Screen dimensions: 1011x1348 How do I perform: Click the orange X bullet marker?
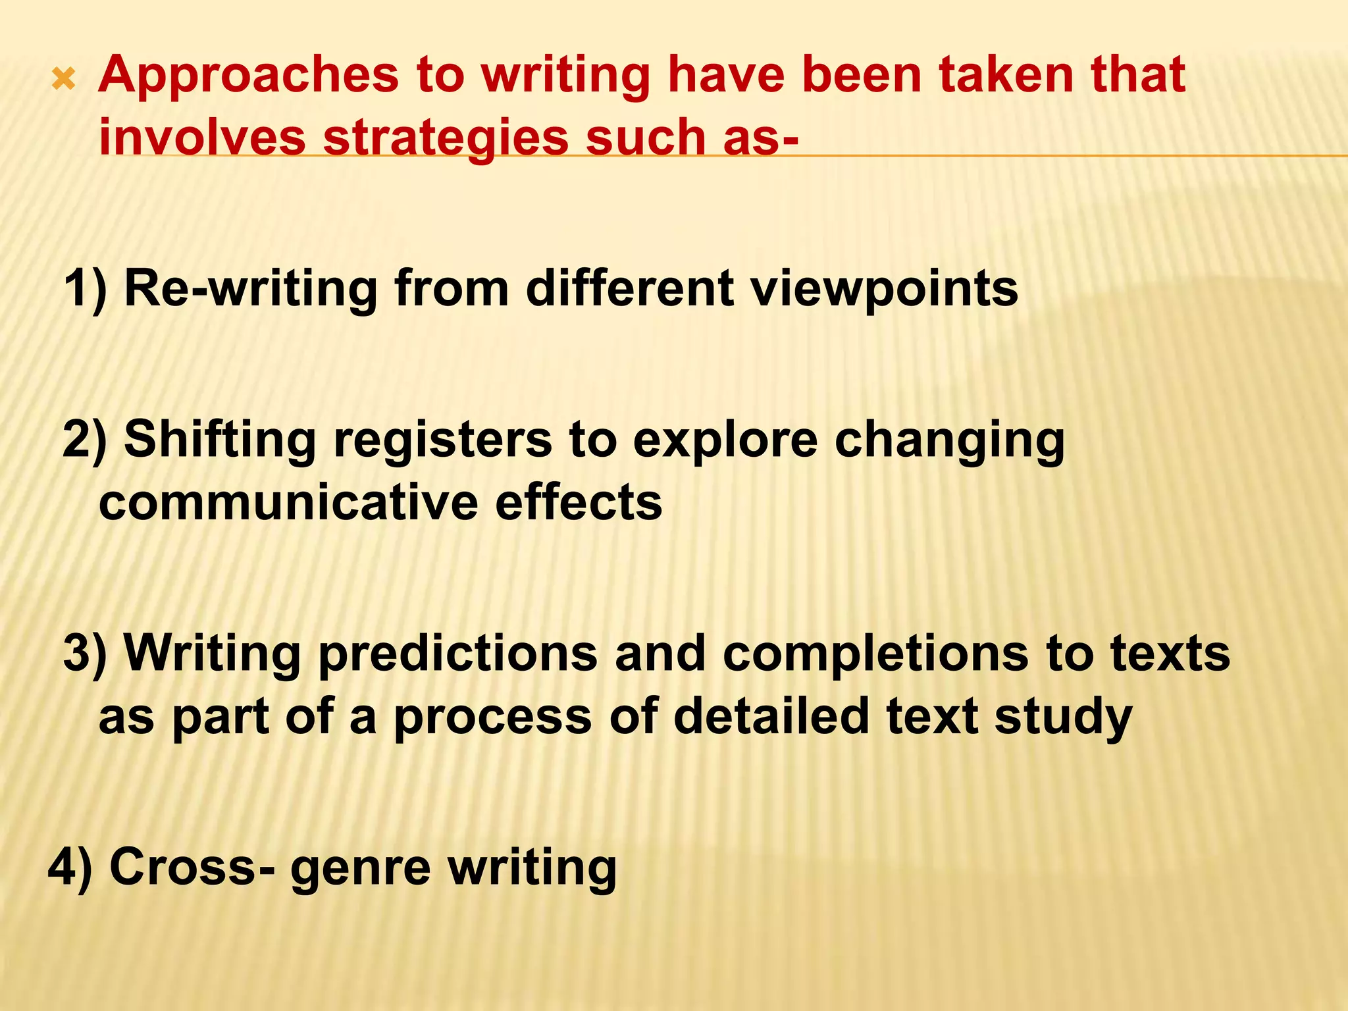tap(64, 81)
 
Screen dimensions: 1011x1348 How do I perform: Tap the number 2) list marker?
tap(85, 440)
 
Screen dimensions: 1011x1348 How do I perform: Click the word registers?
tap(442, 440)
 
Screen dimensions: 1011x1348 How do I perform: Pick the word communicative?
tap(288, 503)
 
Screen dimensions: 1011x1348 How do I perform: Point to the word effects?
tap(579, 503)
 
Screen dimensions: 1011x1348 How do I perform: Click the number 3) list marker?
tap(85, 654)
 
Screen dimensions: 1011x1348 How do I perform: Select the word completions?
tap(875, 654)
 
